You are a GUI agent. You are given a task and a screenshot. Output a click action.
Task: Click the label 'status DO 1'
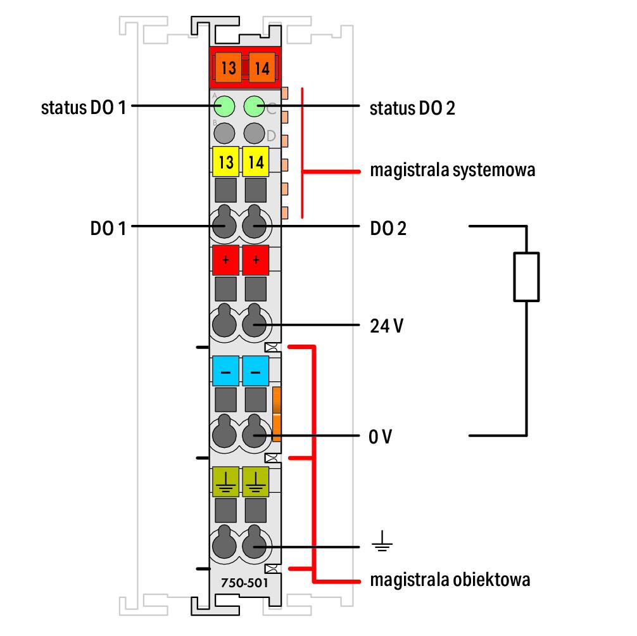click(x=84, y=108)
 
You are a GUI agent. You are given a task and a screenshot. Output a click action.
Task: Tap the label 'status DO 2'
click(x=412, y=108)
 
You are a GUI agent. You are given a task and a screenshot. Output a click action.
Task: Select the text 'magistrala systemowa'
click(x=453, y=170)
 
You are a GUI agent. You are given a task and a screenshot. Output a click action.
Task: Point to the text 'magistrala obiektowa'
click(x=450, y=580)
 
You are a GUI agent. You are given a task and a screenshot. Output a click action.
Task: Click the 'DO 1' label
click(x=108, y=229)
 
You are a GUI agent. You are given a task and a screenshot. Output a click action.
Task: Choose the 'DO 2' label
click(x=388, y=229)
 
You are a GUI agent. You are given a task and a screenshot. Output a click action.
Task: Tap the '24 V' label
click(x=386, y=326)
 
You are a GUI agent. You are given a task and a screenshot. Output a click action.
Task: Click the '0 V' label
click(x=381, y=437)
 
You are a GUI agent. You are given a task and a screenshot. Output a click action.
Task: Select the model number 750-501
click(x=244, y=583)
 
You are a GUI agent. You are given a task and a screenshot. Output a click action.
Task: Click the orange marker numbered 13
click(x=229, y=67)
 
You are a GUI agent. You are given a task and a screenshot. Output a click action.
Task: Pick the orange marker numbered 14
click(x=262, y=67)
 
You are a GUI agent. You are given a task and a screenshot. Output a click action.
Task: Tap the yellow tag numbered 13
click(x=225, y=162)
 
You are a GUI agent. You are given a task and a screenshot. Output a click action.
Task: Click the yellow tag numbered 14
click(x=256, y=162)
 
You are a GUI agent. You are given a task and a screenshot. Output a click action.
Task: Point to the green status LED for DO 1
click(x=224, y=107)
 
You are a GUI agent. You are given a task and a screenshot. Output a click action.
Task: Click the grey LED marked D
click(x=255, y=133)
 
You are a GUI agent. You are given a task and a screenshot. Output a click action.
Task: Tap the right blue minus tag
click(x=256, y=371)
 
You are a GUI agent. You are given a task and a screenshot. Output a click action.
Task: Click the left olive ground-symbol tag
click(x=225, y=481)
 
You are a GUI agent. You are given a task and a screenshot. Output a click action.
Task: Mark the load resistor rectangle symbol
click(x=526, y=277)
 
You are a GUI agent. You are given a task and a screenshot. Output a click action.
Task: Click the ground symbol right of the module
click(x=382, y=541)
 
